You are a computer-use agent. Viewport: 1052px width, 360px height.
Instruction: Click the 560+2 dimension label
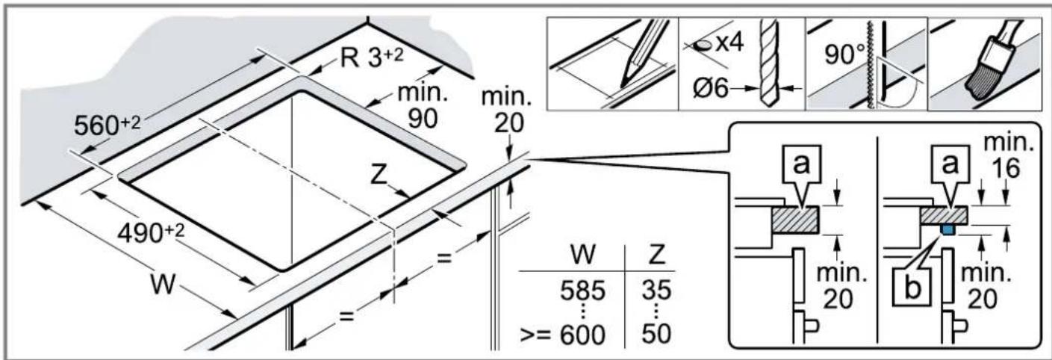108,125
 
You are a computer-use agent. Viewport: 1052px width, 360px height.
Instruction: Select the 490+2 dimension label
151,232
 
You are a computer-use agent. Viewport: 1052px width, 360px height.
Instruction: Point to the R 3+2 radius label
372,58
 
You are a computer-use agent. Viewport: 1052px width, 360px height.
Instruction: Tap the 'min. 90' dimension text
423,107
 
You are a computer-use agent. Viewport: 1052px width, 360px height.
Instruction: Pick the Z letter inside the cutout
379,175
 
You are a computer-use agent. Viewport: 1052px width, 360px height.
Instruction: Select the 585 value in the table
582,291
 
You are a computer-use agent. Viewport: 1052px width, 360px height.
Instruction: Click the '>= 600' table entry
563,335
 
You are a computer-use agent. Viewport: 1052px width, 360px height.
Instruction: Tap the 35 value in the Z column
656,290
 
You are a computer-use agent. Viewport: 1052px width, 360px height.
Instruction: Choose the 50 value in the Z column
656,335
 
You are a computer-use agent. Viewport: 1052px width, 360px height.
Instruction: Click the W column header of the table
583,254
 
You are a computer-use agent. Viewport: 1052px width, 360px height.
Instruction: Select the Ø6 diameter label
711,88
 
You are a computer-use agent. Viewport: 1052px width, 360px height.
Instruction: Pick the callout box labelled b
912,287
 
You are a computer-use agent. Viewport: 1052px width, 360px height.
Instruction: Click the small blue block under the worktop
949,229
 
